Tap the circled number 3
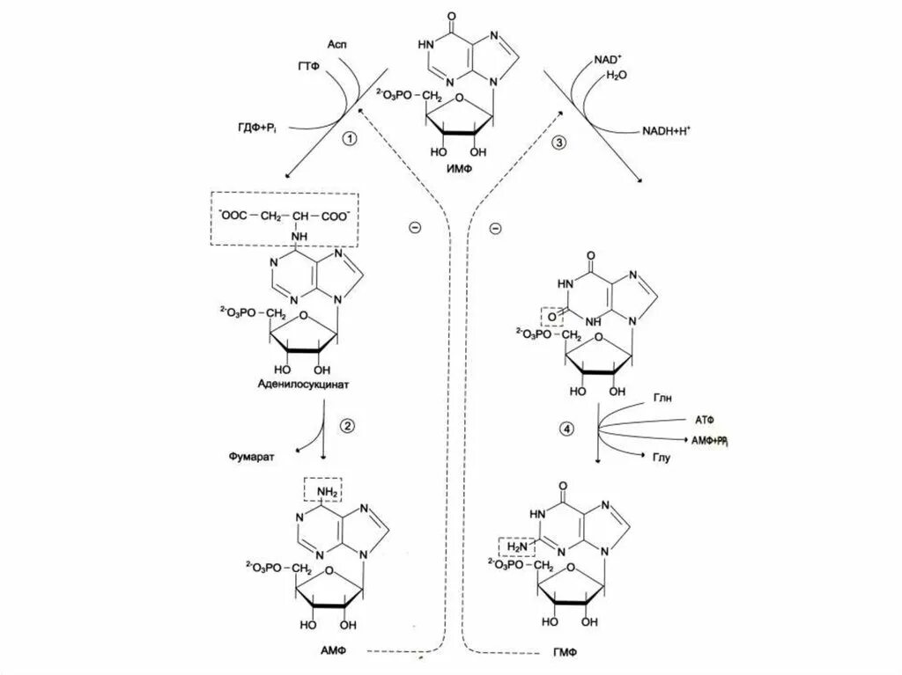click(558, 143)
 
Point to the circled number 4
click(566, 429)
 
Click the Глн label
click(662, 398)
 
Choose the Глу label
click(662, 459)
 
